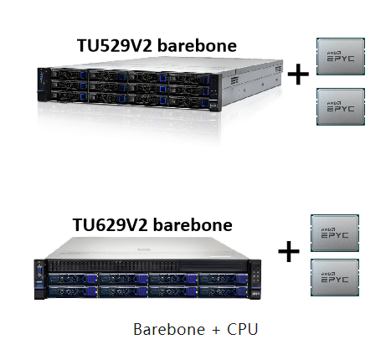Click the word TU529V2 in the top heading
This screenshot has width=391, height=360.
point(115,46)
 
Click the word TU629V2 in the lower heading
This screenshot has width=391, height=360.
point(110,225)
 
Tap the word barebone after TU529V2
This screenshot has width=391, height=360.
point(197,46)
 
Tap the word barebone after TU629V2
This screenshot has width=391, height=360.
point(193,225)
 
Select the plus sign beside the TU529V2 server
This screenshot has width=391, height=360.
point(298,74)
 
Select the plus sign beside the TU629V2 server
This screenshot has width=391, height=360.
point(289,251)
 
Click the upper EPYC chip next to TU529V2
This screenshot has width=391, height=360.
point(341,56)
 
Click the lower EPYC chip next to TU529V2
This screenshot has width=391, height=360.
point(341,106)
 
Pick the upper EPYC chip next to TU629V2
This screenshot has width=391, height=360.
point(335,233)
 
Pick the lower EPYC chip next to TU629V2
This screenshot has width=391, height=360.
point(335,277)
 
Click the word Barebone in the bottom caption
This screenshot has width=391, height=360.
point(169,329)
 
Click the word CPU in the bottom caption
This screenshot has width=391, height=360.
point(242,329)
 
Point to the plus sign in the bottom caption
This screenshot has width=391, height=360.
point(216,330)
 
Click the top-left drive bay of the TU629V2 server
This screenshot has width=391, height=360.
point(73,280)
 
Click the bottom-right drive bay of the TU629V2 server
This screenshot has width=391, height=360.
point(223,292)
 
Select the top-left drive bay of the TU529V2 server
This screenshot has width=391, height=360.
point(69,75)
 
